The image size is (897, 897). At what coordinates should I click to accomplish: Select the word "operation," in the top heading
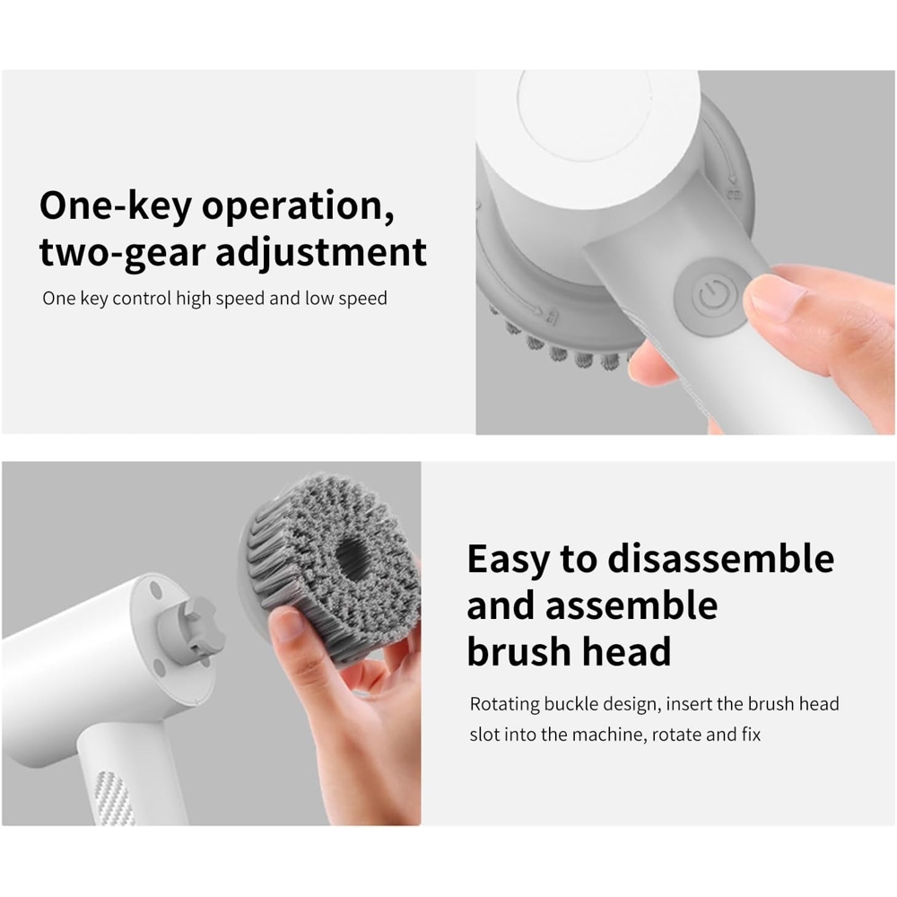[297, 207]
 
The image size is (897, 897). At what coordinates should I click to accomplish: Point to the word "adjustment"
[321, 254]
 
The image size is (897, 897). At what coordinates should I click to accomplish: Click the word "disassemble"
[720, 559]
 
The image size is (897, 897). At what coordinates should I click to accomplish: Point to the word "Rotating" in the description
[507, 703]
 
